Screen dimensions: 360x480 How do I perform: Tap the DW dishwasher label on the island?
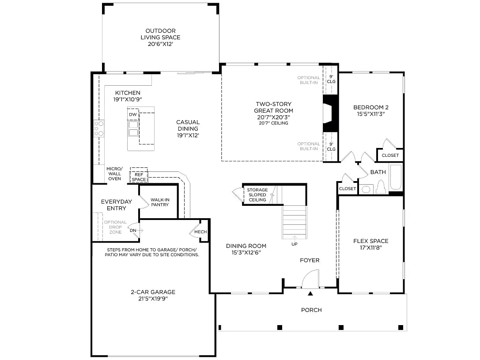pyautogui.click(x=132, y=115)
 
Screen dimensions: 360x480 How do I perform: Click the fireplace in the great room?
pyautogui.click(x=329, y=114)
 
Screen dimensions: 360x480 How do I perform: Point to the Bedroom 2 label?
pyautogui.click(x=371, y=107)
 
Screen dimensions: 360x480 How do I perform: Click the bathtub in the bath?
pyautogui.click(x=396, y=178)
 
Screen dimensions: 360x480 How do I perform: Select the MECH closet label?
pyautogui.click(x=200, y=232)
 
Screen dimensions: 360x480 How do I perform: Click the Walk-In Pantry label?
pyautogui.click(x=159, y=202)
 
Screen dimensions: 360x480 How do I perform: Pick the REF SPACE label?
pyautogui.click(x=139, y=177)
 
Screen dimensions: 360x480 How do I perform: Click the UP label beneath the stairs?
pyautogui.click(x=294, y=244)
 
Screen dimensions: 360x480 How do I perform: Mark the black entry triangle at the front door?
pyautogui.click(x=310, y=293)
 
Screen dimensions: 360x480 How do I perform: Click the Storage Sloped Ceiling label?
pyautogui.click(x=257, y=195)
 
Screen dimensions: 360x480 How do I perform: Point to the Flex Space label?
pyautogui.click(x=371, y=241)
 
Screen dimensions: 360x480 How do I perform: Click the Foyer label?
pyautogui.click(x=310, y=260)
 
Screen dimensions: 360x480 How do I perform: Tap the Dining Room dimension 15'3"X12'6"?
pyautogui.click(x=246, y=253)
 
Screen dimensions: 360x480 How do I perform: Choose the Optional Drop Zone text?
pyautogui.click(x=115, y=227)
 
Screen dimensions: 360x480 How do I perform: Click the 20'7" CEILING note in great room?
pyautogui.click(x=274, y=123)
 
